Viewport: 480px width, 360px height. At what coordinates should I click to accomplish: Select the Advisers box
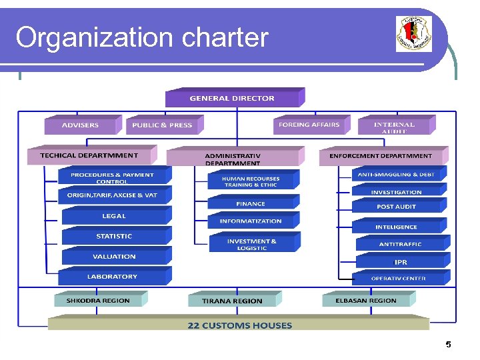[x=80, y=125]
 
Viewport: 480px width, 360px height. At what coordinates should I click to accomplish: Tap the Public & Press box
[x=162, y=125]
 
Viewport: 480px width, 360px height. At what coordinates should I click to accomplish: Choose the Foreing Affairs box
[x=309, y=125]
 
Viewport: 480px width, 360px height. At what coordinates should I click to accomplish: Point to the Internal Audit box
[x=394, y=125]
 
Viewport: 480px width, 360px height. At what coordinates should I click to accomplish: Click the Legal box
[x=114, y=216]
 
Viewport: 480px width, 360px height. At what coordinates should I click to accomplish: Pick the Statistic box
[x=114, y=236]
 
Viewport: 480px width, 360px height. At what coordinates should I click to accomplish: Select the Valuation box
[x=114, y=256]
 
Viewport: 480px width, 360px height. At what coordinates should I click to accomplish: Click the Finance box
[x=251, y=203]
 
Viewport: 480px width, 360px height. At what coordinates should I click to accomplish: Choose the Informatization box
[x=251, y=221]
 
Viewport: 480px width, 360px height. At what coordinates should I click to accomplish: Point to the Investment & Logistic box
[x=251, y=244]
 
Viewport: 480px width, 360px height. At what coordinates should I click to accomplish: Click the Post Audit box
[x=397, y=207]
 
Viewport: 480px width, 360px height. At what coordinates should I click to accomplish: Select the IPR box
[x=400, y=262]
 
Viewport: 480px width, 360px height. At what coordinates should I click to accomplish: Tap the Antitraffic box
[x=400, y=244]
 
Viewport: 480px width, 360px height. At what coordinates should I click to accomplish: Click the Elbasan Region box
[x=366, y=301]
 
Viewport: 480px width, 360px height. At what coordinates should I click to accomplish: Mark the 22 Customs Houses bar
[x=239, y=325]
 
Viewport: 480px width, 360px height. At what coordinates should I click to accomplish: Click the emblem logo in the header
[x=413, y=34]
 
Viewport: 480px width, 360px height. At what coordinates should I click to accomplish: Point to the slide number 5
[x=448, y=345]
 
